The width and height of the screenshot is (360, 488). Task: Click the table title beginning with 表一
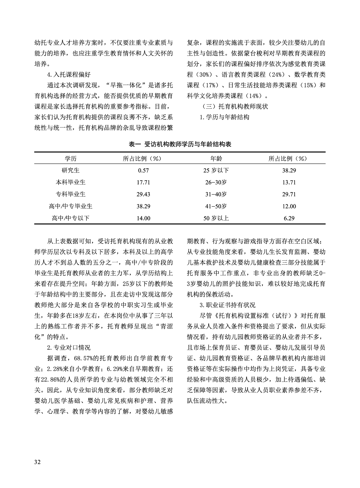point(180,144)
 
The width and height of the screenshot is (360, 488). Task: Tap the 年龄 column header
point(216,159)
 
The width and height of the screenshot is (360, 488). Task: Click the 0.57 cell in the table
point(143,171)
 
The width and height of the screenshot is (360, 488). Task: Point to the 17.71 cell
point(143,182)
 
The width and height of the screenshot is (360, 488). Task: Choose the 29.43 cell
point(143,194)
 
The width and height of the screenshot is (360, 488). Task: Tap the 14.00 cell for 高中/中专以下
point(143,218)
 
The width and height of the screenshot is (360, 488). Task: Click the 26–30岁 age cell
point(216,182)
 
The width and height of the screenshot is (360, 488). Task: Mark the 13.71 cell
point(289,182)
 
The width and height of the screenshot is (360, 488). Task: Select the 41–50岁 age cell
point(216,206)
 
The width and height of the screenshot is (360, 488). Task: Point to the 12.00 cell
point(289,207)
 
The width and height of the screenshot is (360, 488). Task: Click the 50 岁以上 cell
point(216,218)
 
